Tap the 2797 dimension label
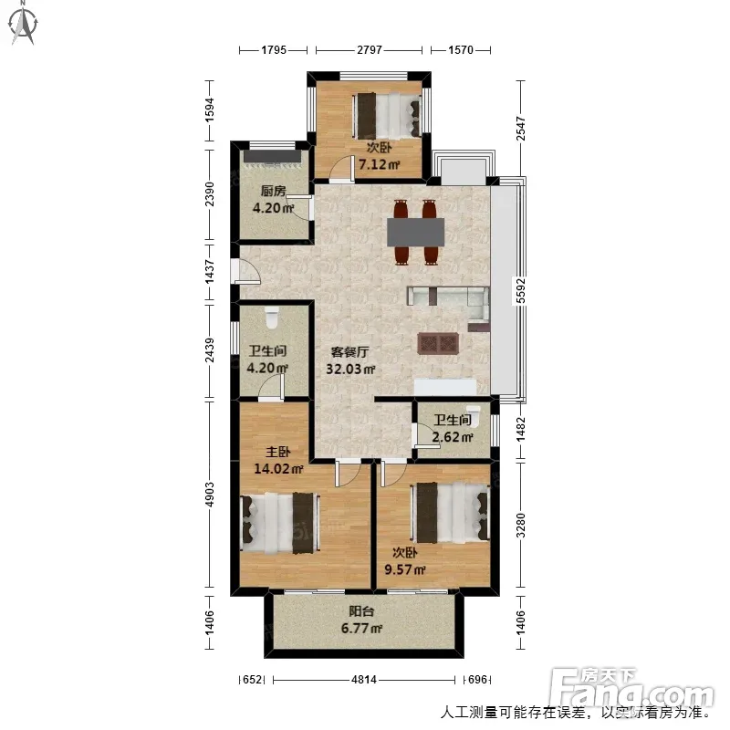(x=370, y=50)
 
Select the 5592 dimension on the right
(x=520, y=290)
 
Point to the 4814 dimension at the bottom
(x=363, y=680)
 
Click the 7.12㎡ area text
(x=379, y=164)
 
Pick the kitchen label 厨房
(x=273, y=191)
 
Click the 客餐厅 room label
(x=349, y=352)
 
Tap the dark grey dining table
(x=416, y=232)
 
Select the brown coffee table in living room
(x=438, y=344)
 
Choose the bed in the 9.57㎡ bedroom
(x=450, y=512)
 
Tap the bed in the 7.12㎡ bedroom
(x=388, y=116)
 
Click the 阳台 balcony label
(x=361, y=611)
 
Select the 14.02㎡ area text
(x=278, y=468)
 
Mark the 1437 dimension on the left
(x=210, y=272)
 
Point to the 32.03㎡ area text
(x=350, y=369)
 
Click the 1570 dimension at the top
(x=461, y=50)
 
